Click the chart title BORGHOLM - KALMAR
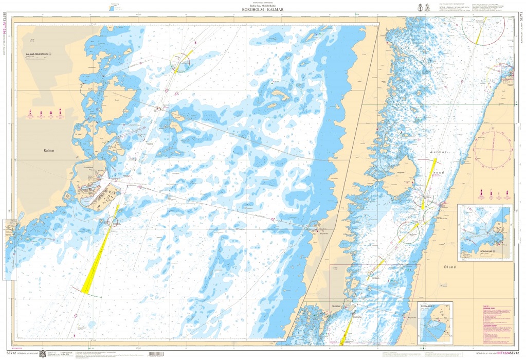(262, 9)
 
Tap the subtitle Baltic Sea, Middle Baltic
(262, 5)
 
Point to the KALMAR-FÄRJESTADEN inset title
(42, 54)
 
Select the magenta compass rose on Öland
(493, 150)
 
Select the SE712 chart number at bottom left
(11, 354)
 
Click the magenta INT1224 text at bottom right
(498, 354)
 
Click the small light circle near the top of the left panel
(180, 63)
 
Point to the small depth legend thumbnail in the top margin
(114, 7)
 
